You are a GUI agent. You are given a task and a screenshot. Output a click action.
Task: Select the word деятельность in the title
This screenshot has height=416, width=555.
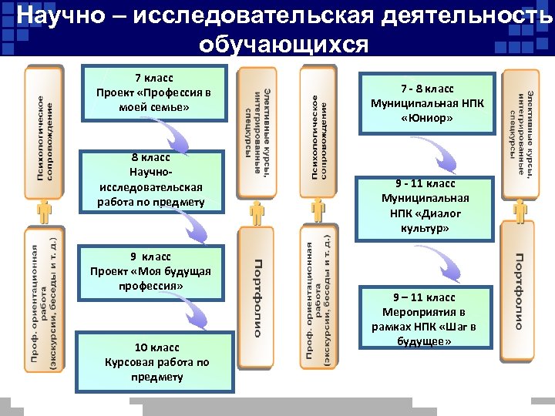[466, 15]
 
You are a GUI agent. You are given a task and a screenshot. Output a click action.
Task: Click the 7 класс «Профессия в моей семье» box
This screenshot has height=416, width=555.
[153, 93]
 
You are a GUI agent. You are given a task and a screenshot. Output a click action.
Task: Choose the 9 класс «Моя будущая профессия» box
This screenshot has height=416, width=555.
[150, 271]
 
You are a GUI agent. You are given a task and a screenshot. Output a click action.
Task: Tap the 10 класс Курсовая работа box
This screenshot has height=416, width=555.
[157, 362]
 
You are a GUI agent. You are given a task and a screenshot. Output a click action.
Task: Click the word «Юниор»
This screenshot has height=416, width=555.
[427, 119]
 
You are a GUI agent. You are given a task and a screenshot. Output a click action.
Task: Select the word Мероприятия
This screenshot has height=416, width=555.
[429, 311]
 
